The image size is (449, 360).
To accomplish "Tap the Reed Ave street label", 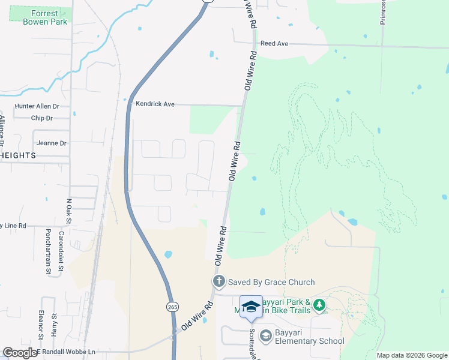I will coord(274,44).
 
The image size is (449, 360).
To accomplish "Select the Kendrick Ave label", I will coord(155,104).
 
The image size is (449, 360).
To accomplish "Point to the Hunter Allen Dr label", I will coord(37,106).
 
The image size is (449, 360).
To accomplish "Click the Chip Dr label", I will coord(41,118).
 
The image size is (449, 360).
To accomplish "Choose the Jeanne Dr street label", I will coord(51,143).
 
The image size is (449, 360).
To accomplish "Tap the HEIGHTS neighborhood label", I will coord(17,155).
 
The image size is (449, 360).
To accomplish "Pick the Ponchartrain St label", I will coord(49,253).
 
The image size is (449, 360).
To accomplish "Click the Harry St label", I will coord(54,324).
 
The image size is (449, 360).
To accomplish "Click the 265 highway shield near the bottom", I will coord(172,307).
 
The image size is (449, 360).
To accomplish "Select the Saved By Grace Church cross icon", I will coord(219,281).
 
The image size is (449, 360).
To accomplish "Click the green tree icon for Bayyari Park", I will coord(319,305).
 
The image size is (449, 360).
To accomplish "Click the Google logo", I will coord(19,353).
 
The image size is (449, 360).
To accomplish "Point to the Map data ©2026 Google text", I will coord(412,355).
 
